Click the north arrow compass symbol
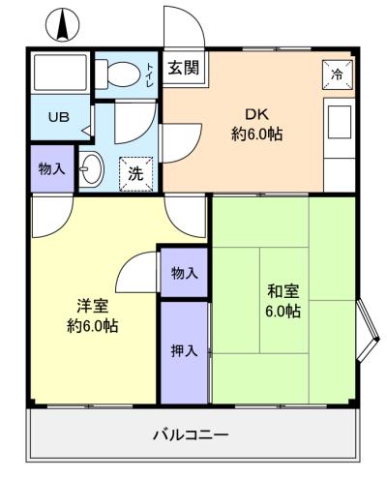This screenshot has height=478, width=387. pyautogui.click(x=63, y=24)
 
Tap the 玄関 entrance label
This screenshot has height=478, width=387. pyautogui.click(x=184, y=68)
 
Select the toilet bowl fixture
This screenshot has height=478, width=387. pyautogui.click(x=118, y=74)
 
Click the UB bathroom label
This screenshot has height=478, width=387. pyautogui.click(x=59, y=117)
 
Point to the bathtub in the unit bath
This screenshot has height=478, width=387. pyautogui.click(x=60, y=73)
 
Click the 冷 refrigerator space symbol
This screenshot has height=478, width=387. pyautogui.click(x=338, y=75)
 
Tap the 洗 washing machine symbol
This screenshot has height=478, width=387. pyautogui.click(x=135, y=174)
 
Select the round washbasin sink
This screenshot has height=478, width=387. pyautogui.click(x=91, y=168)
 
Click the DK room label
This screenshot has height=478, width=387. pyautogui.click(x=257, y=114)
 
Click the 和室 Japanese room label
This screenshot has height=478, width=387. pyautogui.click(x=283, y=291)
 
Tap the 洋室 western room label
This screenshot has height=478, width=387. pyautogui.click(x=93, y=306)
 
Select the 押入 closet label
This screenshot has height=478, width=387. pyautogui.click(x=184, y=350)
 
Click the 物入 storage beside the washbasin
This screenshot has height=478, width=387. pyautogui.click(x=51, y=168)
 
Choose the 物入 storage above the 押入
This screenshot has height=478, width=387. pyautogui.click(x=184, y=273)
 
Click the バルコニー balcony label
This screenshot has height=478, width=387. pyautogui.click(x=191, y=434)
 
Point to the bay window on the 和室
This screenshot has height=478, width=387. pyautogui.click(x=368, y=330)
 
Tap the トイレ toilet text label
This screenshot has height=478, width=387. pyautogui.click(x=150, y=75)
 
